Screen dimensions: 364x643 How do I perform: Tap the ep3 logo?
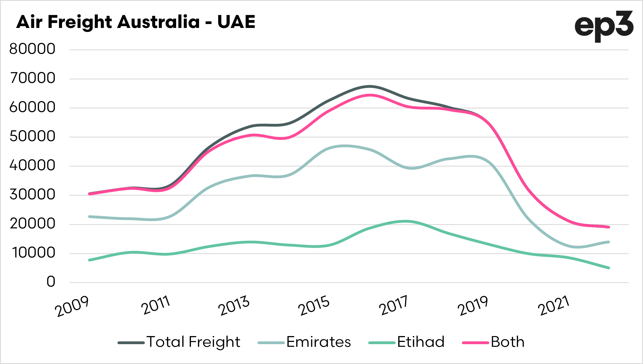click(604, 26)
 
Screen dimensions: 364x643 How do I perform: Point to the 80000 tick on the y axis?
click(32, 49)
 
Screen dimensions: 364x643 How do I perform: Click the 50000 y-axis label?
click(32, 137)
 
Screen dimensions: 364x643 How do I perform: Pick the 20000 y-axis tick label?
click(32, 224)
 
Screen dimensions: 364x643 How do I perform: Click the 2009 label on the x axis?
click(72, 306)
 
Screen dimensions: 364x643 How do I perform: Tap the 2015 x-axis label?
click(314, 306)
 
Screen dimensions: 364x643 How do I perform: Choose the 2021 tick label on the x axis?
click(554, 306)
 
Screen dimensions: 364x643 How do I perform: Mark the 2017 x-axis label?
click(394, 306)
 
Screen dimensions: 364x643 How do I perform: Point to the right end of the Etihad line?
click(609, 268)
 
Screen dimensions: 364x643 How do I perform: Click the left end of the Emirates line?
click(89, 217)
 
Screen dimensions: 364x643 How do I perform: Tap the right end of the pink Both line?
click(609, 227)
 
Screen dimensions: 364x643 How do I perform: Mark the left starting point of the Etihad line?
click(89, 260)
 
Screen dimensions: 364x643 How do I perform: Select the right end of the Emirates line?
click(609, 242)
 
